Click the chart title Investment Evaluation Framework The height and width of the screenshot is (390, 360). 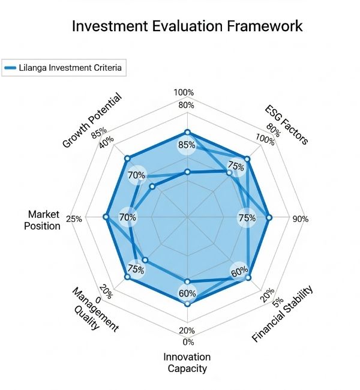tap(187, 26)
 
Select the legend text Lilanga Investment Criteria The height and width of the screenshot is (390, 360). tap(71, 68)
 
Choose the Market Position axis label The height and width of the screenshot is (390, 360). tap(44, 220)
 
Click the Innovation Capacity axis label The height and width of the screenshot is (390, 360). tap(185, 362)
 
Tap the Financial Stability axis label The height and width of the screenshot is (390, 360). tap(283, 314)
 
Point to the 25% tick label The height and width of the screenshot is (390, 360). tap(74, 219)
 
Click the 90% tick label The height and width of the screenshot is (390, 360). tap(300, 219)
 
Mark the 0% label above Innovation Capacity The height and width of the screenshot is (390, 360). tap(188, 342)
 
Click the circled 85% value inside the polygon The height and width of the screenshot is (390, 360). tap(187, 145)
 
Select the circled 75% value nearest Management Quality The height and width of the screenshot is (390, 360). tap(136, 269)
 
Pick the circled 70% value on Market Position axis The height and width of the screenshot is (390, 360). tap(128, 217)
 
